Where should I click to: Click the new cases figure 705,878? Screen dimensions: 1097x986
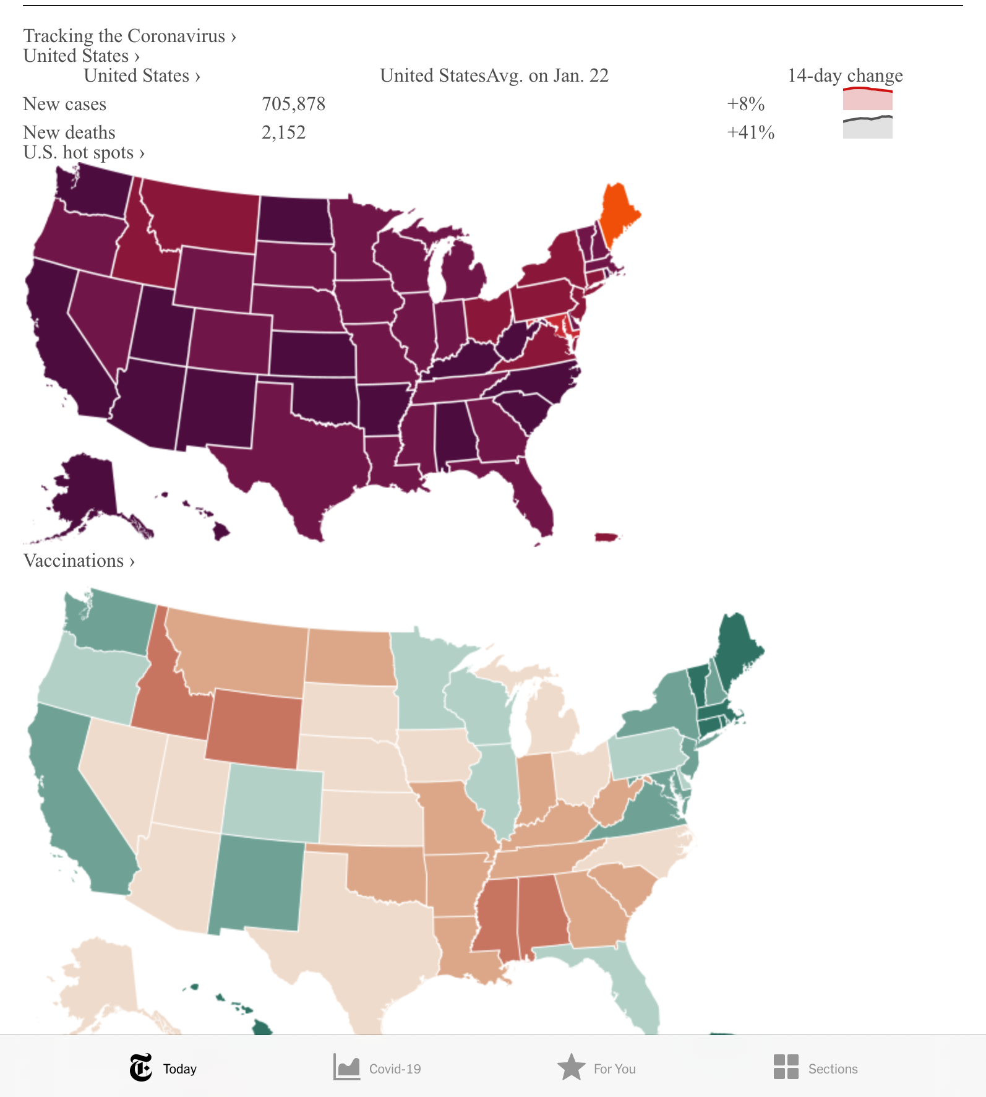(x=293, y=104)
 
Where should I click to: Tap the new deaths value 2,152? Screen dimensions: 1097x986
(x=283, y=132)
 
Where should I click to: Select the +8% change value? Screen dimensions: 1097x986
(x=745, y=104)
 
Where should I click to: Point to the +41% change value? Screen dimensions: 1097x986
(x=750, y=132)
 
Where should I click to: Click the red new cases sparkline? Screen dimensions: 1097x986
(x=867, y=99)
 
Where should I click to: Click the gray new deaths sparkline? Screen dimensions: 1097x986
(x=867, y=127)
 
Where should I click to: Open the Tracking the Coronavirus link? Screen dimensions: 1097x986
(x=129, y=36)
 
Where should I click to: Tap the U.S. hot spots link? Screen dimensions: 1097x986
(x=84, y=152)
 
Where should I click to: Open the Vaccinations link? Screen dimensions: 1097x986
(x=79, y=561)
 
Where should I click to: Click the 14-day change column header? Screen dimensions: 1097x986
(x=845, y=75)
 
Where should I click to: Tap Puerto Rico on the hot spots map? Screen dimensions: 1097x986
(x=606, y=536)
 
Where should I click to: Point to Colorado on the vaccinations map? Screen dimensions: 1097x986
(x=272, y=801)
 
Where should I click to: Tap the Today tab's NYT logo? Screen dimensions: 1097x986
(x=141, y=1068)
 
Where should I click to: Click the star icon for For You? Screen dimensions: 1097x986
(x=571, y=1067)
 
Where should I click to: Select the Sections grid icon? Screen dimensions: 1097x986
(x=786, y=1067)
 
